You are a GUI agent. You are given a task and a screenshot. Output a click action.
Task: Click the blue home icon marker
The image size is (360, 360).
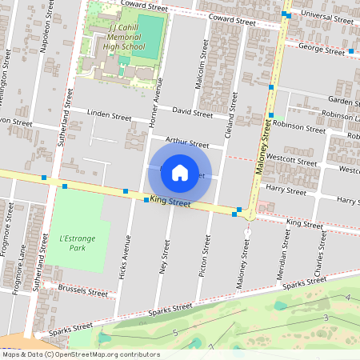[180, 172]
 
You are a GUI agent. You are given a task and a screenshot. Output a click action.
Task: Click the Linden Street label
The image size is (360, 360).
[110, 116]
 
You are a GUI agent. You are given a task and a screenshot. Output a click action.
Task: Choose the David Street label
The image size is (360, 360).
[192, 114]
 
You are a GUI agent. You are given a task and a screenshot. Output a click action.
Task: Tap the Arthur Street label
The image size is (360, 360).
[186, 142]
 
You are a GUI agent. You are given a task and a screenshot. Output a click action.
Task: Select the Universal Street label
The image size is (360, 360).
[324, 18]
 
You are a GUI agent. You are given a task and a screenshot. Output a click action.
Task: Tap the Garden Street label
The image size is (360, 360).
[344, 102]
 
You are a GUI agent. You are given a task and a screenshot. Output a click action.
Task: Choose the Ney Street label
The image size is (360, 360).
[165, 258]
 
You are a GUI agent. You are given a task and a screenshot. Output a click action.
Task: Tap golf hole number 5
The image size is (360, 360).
[174, 332]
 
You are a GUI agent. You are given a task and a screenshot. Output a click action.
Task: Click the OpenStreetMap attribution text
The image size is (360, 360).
[80, 354]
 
